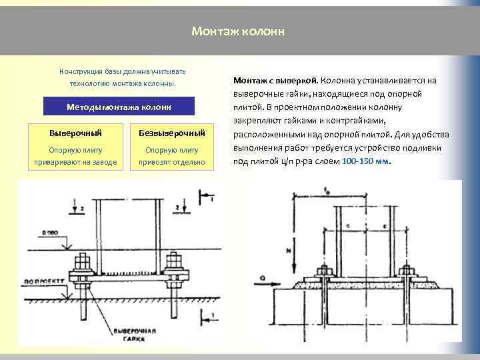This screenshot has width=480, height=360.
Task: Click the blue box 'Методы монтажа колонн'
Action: (119, 107)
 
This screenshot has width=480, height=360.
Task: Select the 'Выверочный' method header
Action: (75, 133)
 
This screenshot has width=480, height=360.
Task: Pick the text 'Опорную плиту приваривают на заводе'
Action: (75, 156)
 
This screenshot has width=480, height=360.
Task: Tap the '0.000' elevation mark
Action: (48, 233)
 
